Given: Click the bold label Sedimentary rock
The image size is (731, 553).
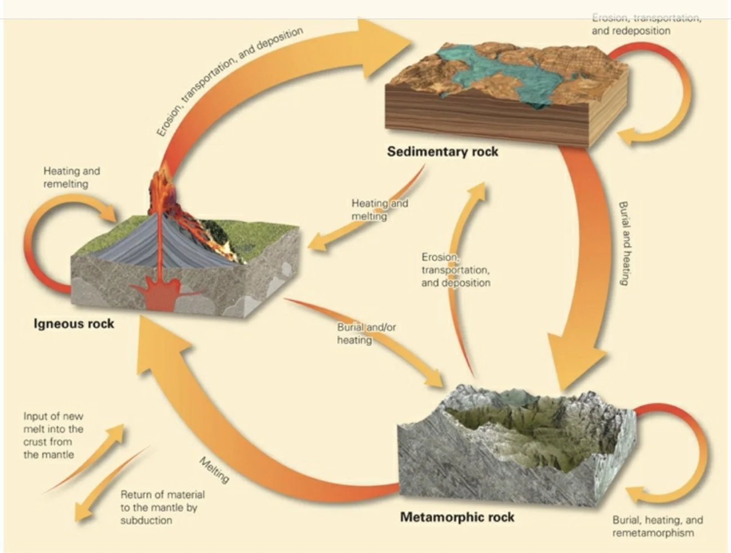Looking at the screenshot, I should click(442, 151).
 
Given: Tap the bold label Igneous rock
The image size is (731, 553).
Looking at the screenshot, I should click(74, 324).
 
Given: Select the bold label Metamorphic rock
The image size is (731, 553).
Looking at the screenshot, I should click(457, 517).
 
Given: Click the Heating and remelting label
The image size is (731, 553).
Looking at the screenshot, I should click(71, 177).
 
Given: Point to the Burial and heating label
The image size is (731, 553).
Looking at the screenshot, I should click(624, 243).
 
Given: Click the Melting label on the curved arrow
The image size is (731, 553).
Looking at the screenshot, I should click(215, 470).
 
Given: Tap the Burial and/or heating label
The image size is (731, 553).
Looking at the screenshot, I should click(366, 333).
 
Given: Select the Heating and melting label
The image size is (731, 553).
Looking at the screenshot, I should click(379, 209).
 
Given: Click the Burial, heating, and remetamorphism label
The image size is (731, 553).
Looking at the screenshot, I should click(657, 526).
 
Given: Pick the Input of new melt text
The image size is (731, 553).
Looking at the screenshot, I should click(53, 435).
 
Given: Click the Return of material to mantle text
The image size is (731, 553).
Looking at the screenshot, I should click(162, 507).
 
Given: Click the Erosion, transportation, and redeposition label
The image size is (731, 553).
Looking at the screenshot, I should click(646, 24).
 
